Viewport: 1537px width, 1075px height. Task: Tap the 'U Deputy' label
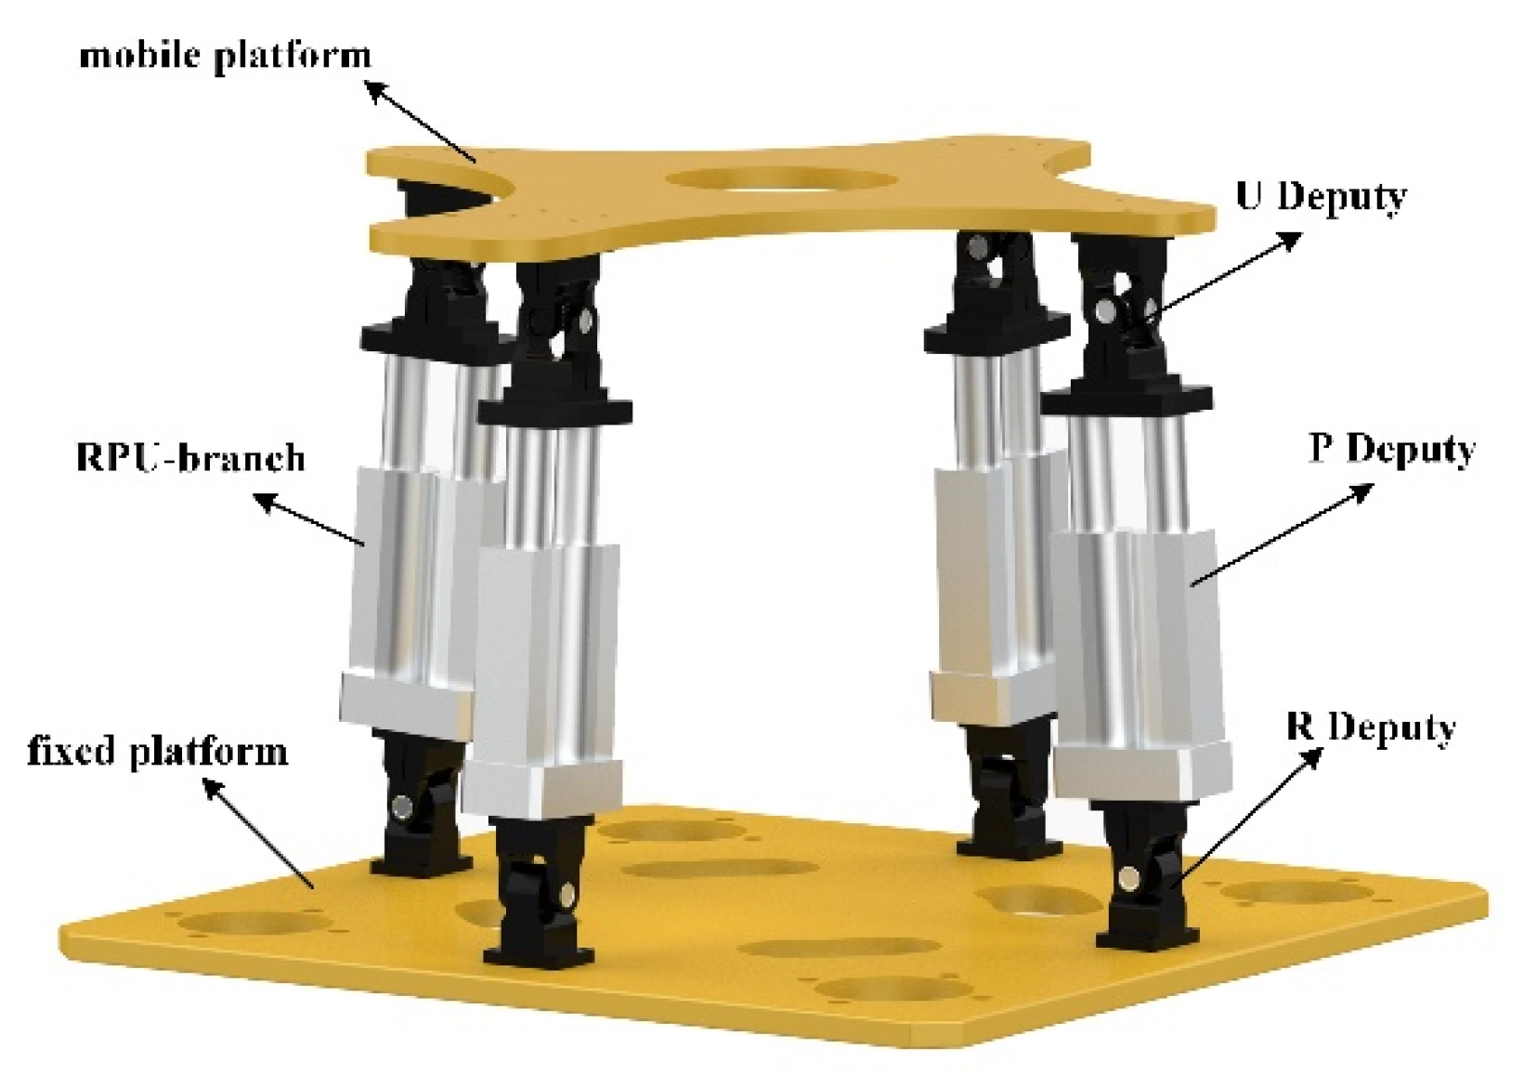[x=1321, y=198]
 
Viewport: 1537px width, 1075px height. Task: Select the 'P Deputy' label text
[x=1392, y=451]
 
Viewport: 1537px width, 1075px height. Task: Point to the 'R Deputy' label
[x=1371, y=728]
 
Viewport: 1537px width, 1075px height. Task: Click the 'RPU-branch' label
[x=190, y=458]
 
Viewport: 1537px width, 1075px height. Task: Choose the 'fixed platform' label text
[x=157, y=752]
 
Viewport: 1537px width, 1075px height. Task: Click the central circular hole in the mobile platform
[x=782, y=180]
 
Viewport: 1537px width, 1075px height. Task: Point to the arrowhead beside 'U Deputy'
[x=1287, y=241]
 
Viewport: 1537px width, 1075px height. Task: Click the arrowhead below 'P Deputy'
[x=1360, y=492]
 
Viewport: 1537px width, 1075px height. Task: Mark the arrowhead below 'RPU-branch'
[x=267, y=503]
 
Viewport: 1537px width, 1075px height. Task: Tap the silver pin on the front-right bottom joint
[x=1127, y=877]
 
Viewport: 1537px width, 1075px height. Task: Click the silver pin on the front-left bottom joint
[x=568, y=892]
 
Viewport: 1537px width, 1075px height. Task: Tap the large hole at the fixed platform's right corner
[x=1297, y=893]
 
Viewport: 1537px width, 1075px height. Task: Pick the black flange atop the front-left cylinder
[x=554, y=411]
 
